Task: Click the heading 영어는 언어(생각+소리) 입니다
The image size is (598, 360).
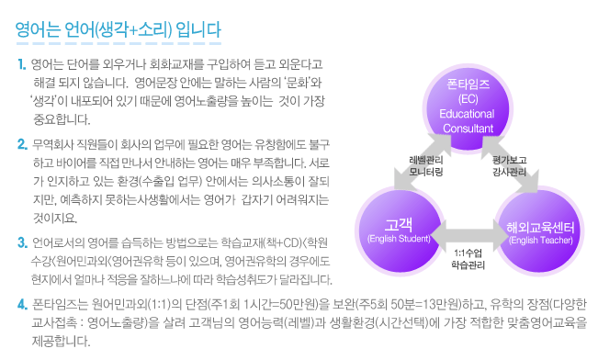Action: point(118,29)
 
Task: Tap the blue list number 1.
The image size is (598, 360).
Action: point(22,64)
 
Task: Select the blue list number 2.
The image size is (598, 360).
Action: point(22,144)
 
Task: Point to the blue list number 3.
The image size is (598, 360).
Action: point(22,242)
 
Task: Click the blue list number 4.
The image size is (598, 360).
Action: point(22,305)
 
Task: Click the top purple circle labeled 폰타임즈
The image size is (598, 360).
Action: point(468,107)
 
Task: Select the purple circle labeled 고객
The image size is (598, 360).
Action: point(400,231)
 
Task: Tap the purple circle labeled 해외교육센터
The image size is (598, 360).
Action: point(540,231)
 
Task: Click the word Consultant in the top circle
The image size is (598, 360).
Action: point(468,129)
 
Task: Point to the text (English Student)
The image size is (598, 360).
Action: point(399,239)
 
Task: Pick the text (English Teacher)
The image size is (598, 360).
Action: point(541,241)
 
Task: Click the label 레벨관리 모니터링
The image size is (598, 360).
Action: point(426,166)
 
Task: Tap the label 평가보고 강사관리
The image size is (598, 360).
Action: point(510,166)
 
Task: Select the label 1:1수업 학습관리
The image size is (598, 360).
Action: point(468,259)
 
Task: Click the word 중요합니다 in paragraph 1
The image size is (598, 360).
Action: point(62,119)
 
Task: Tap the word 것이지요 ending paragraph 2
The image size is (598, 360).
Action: point(55,219)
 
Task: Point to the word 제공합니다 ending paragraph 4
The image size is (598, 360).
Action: point(61,341)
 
